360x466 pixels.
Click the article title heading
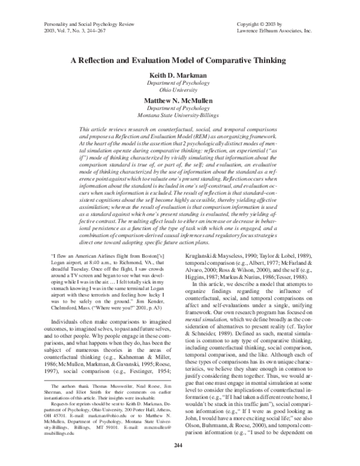tap(179, 61)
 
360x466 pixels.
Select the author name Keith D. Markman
tap(179, 76)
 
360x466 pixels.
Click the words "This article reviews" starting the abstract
tap(106, 129)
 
